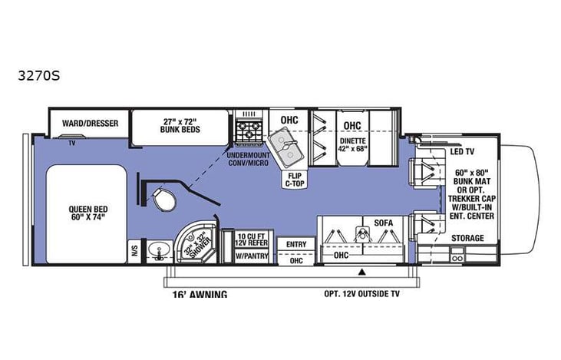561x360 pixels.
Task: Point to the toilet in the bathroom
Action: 162,200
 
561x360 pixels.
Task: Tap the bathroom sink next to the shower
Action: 160,250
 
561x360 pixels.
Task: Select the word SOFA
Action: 383,223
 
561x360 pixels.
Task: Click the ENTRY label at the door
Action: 295,245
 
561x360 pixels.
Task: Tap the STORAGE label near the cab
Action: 467,238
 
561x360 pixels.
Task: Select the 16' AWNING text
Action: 196,293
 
